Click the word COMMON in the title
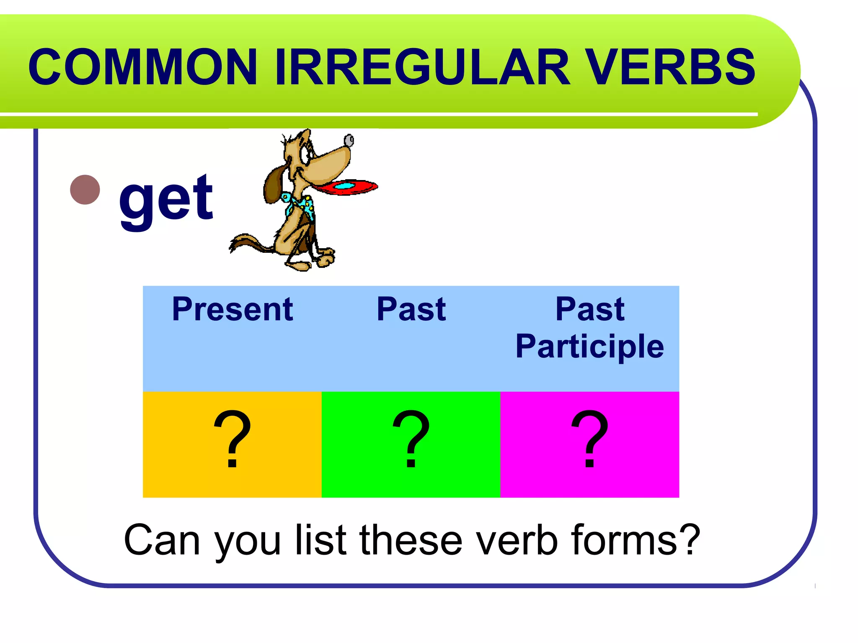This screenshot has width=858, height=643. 142,67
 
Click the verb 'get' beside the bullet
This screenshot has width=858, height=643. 166,198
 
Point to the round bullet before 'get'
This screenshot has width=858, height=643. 85,190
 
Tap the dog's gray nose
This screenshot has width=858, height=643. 349,140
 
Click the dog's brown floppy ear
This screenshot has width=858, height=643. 274,184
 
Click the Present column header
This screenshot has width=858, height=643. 233,309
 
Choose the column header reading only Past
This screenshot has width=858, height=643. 411,309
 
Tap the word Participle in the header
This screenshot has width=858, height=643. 589,346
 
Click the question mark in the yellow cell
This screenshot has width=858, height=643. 232,439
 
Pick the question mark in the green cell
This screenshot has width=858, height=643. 411,439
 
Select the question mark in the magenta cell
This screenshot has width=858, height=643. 589,439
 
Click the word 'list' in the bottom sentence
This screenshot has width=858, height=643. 321,540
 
